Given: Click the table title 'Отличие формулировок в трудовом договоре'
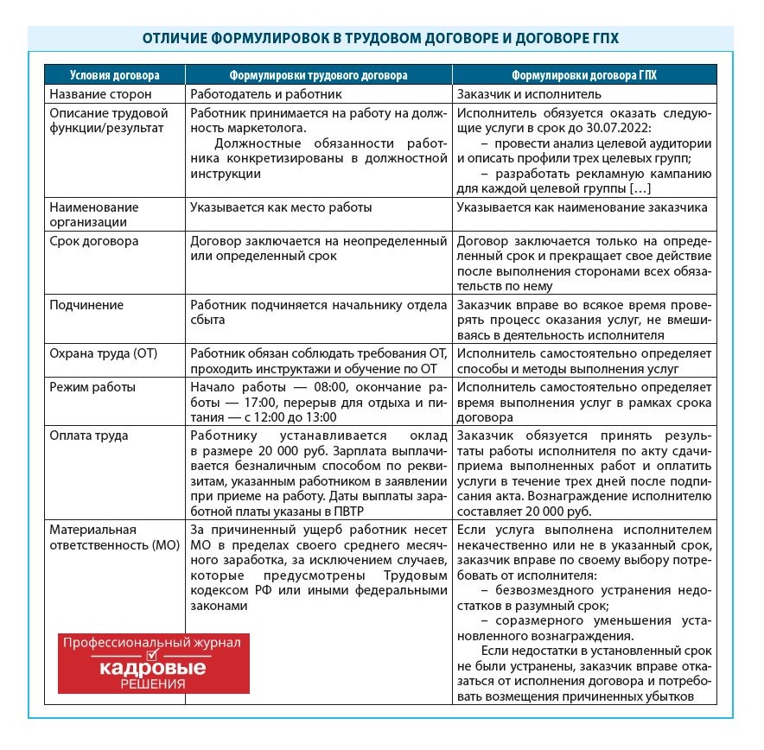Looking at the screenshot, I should point(380,40).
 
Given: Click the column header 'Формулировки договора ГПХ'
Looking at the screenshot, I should point(583,75).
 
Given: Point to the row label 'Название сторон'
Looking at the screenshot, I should point(100,93).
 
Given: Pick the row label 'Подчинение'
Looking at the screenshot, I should point(86,305).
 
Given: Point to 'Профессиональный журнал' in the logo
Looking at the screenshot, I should point(153,644).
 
